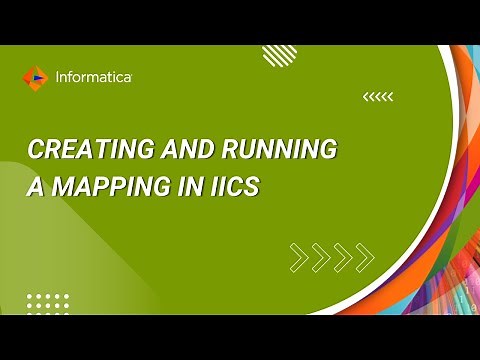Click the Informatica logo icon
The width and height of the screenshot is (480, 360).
pyautogui.click(x=34, y=76)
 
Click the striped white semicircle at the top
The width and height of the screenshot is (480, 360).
pyautogui.click(x=279, y=54)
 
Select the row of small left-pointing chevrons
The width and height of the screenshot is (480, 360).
pyautogui.click(x=378, y=97)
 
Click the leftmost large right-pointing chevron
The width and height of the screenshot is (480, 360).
pyautogui.click(x=297, y=257)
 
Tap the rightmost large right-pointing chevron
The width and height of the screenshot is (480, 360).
pyautogui.click(x=367, y=257)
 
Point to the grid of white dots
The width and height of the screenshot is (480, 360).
pyautogui.click(x=47, y=303)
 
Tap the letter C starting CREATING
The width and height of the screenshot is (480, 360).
pyautogui.click(x=35, y=151)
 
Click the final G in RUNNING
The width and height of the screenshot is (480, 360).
pyautogui.click(x=328, y=151)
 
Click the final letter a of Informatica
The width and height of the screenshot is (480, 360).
pyautogui.click(x=127, y=77)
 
